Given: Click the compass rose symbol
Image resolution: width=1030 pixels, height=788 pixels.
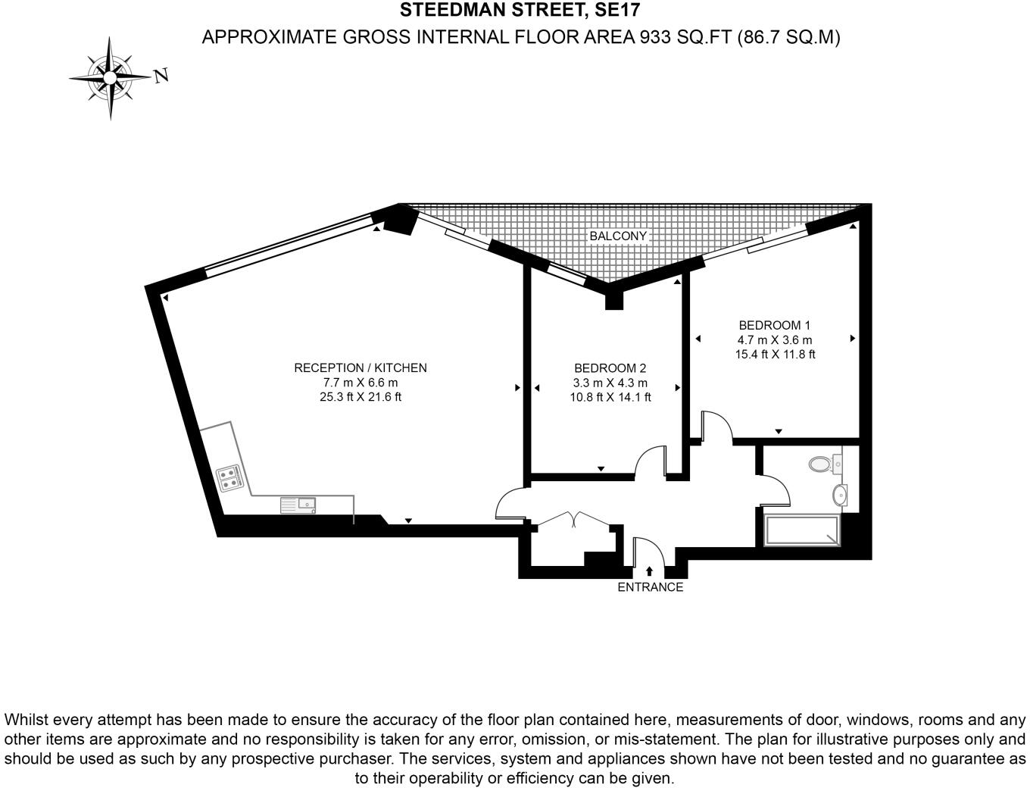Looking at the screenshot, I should [x=111, y=77].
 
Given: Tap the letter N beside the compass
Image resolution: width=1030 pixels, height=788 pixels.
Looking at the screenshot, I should [x=161, y=76].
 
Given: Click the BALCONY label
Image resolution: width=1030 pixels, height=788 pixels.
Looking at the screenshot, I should [x=618, y=236].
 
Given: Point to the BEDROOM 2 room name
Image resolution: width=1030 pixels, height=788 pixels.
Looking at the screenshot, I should [x=610, y=368].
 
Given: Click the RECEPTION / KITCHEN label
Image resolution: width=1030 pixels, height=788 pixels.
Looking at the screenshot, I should [x=360, y=367].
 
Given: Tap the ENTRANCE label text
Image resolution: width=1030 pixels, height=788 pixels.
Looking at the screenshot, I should [x=650, y=587].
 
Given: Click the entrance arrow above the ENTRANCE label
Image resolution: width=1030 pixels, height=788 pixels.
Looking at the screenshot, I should [x=649, y=571].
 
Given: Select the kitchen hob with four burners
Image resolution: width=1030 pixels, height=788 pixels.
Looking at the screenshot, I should [x=229, y=477].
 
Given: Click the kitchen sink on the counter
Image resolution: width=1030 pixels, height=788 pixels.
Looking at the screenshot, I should [x=298, y=504].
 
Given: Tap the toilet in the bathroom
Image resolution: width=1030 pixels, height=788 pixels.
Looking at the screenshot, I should [x=824, y=462].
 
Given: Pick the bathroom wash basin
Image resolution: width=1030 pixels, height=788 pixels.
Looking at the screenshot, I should [x=841, y=496].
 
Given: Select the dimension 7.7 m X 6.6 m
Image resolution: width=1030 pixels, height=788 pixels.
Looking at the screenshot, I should [x=360, y=383].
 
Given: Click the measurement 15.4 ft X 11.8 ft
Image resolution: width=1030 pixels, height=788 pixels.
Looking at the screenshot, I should [x=775, y=354].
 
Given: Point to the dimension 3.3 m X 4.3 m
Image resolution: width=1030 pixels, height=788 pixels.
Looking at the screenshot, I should [x=610, y=383].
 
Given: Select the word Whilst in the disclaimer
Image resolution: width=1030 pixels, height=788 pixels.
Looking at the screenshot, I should [x=27, y=719].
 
